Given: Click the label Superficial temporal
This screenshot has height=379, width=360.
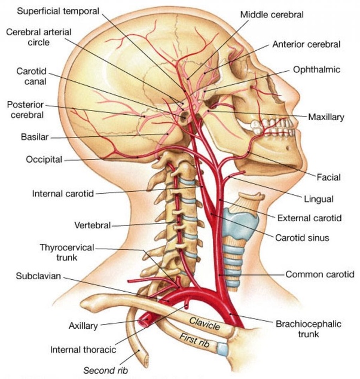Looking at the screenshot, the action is tap(58, 11).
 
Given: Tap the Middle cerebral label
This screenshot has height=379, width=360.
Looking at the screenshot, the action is tap(271, 14).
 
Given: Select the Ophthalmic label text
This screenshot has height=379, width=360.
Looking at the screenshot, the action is tap(316, 69).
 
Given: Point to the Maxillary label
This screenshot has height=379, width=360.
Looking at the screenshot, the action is tap(326, 117).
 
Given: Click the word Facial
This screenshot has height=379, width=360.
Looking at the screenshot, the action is tap(328, 177).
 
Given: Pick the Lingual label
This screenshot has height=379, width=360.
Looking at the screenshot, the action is tap(319, 199).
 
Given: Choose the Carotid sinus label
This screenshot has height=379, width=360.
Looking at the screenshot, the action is tap(302, 237).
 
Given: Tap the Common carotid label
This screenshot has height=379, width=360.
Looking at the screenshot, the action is tap(320, 274).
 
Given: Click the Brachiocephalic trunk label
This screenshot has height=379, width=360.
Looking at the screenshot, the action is tap(309, 329).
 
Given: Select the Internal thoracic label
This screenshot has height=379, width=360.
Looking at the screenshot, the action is tap(83, 350).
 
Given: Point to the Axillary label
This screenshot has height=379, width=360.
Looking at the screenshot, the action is tap(83, 326).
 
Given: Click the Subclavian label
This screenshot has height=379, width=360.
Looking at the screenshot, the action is tap(38, 276).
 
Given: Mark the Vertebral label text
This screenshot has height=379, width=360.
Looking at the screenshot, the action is tap(92, 225).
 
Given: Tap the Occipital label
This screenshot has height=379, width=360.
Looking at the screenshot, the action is tap(44, 160).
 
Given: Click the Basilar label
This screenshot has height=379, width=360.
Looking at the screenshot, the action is tap(35, 137).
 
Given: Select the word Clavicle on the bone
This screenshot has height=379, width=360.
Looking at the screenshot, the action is tap(205, 323).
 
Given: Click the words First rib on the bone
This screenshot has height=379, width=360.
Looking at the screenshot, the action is tap(194, 340).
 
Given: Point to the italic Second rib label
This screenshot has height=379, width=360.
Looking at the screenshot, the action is tap(105, 370).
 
